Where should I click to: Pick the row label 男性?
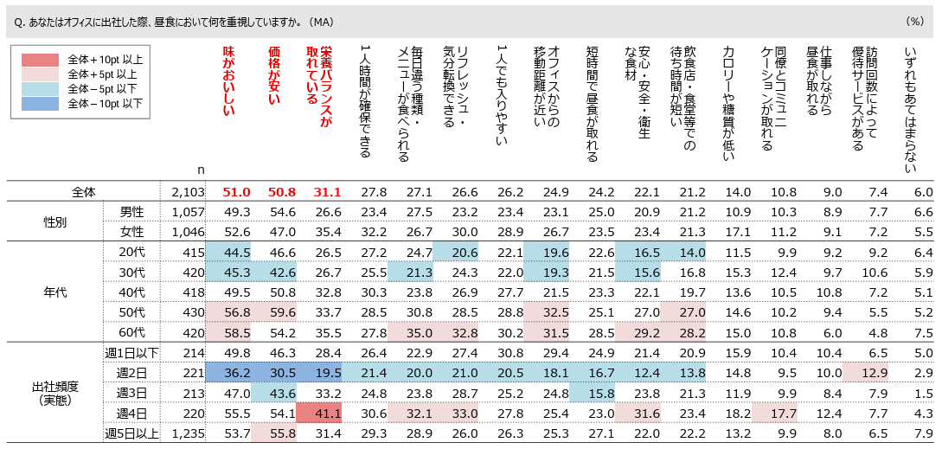coord(131,211)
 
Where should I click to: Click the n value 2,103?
coord(187,192)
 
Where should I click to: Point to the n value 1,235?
coord(187,433)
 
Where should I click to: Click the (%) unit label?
coord(915,21)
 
